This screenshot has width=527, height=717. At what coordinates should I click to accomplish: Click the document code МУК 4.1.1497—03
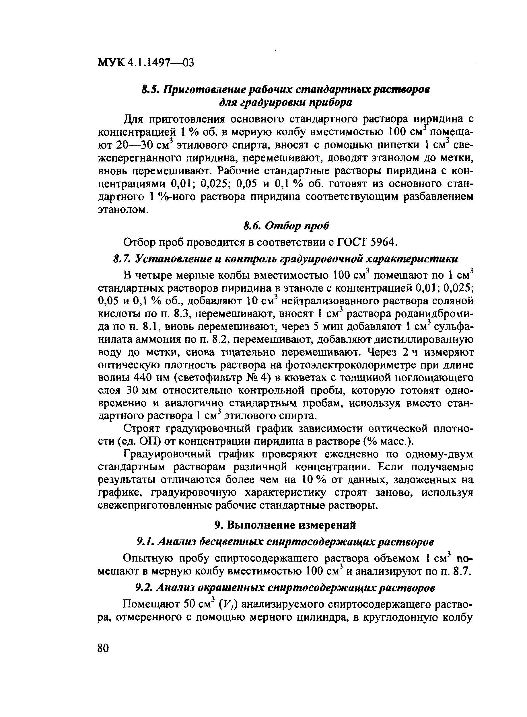click(x=145, y=63)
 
